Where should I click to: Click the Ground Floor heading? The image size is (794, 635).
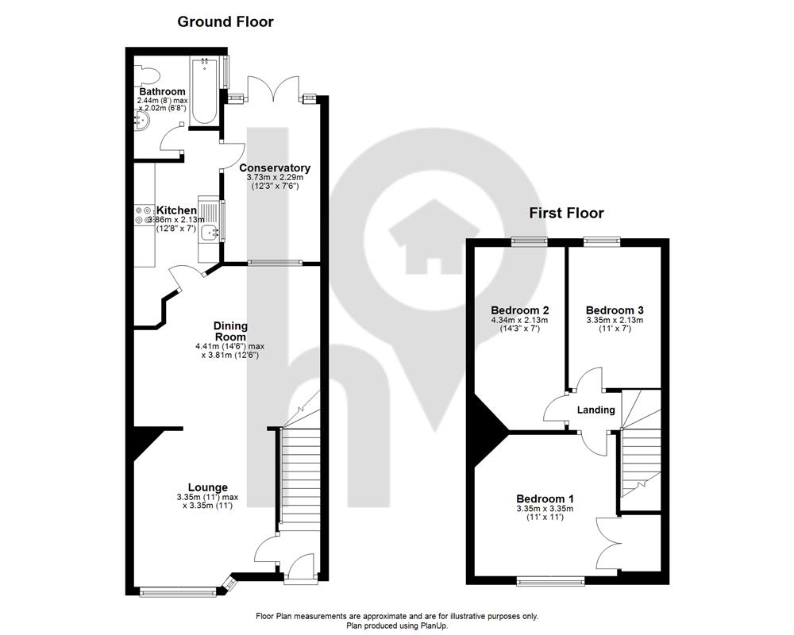[x=225, y=21]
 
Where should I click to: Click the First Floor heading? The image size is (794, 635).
[x=567, y=213]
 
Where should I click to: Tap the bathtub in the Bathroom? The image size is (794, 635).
[x=204, y=91]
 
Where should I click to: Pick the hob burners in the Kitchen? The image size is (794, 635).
[x=143, y=214]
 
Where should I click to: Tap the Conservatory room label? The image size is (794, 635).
[x=275, y=167]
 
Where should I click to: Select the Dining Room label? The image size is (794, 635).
[x=230, y=331]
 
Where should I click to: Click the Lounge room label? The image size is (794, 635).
[x=208, y=487]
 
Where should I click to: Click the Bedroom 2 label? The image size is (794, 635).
[x=520, y=310]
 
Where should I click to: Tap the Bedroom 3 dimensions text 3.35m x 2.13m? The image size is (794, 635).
[x=615, y=320]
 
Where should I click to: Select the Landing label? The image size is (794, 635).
[x=596, y=410]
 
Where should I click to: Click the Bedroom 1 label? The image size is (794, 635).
[x=545, y=498]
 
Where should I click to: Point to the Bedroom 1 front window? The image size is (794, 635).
[x=550, y=581]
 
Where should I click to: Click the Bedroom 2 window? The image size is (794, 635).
[x=529, y=242]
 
